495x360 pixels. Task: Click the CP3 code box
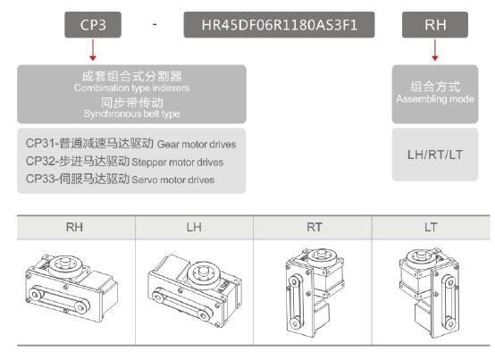(x=93, y=25)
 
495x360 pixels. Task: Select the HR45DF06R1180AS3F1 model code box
(x=279, y=25)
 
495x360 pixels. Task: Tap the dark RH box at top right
(x=435, y=25)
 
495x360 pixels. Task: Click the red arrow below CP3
(x=93, y=50)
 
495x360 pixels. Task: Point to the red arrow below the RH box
(x=435, y=50)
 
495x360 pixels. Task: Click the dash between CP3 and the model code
(x=155, y=24)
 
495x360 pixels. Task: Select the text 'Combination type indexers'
(x=132, y=88)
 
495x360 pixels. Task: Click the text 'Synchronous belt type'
(x=132, y=113)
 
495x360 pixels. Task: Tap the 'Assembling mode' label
(x=435, y=99)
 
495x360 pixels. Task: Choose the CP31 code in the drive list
(x=40, y=143)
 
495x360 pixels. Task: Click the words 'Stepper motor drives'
(x=178, y=163)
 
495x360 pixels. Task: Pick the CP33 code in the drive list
(x=40, y=179)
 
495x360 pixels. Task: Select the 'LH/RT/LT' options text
(x=435, y=155)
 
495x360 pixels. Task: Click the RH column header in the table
(x=74, y=227)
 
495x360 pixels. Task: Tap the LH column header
(x=194, y=227)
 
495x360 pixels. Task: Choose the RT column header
(x=315, y=227)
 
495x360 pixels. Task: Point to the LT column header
(x=431, y=227)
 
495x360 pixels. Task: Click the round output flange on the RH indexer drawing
(x=65, y=265)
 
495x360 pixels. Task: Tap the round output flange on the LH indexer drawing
(x=204, y=273)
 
